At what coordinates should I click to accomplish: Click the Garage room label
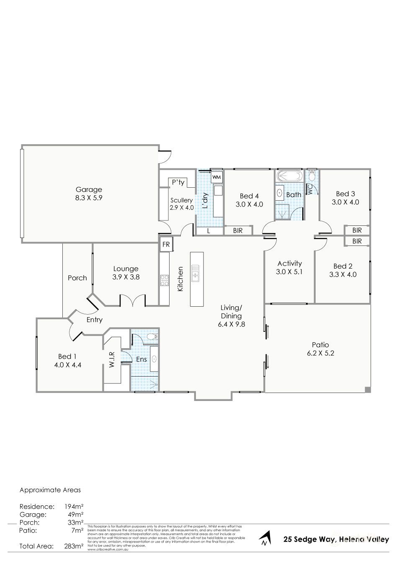click(88, 189)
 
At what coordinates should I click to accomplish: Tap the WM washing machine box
click(216, 177)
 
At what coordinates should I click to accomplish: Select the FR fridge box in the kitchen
click(166, 244)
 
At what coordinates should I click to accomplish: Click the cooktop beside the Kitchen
click(164, 280)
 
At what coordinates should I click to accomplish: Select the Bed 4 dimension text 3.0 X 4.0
click(249, 204)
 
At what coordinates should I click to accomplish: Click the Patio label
click(320, 345)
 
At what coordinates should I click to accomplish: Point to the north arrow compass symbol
click(264, 538)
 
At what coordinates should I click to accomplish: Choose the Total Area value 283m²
click(74, 546)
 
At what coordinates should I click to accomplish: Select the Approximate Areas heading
click(50, 490)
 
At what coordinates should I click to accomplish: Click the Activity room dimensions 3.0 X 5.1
click(289, 271)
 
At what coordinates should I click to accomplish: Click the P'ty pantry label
click(178, 182)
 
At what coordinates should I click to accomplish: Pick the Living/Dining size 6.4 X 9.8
click(231, 324)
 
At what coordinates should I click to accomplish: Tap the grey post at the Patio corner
click(368, 390)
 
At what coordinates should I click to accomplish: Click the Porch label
click(77, 278)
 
